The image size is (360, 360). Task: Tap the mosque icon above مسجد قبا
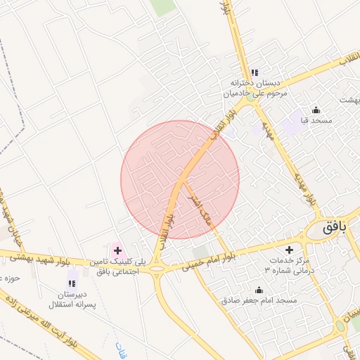[x=316, y=110]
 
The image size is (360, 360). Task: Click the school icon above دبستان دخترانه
[x=254, y=72]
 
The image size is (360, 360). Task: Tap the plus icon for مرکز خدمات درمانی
[x=289, y=250]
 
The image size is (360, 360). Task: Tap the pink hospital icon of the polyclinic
[x=117, y=250]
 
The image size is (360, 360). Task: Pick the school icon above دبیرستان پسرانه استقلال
[x=71, y=283]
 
